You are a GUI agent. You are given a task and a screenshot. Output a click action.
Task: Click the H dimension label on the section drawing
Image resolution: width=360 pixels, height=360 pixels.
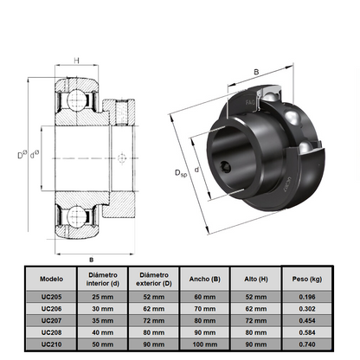pyautogui.click(x=77, y=61)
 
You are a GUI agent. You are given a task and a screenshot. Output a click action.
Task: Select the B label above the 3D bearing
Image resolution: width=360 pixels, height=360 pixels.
pyautogui.click(x=255, y=73)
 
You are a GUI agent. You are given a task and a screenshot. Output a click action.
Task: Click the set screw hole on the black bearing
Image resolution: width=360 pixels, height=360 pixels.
pyautogui.click(x=227, y=168)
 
